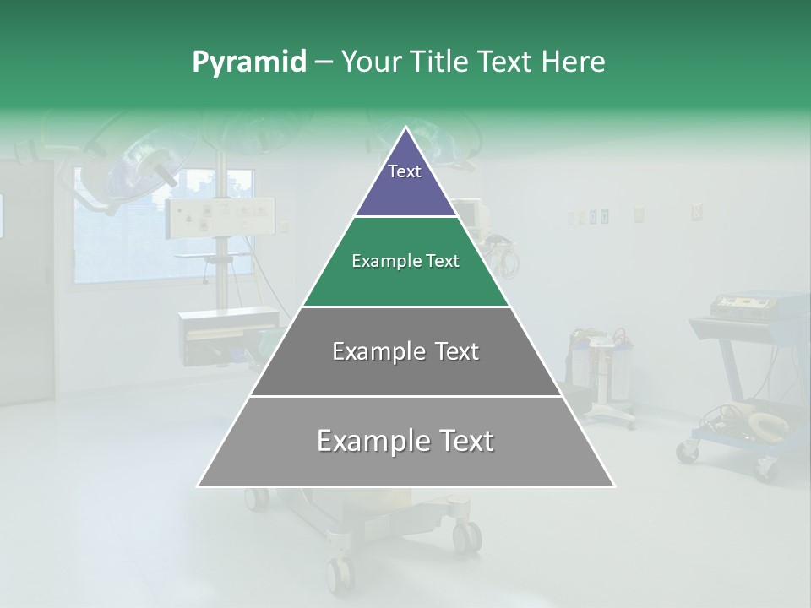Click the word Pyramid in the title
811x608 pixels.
coord(248,62)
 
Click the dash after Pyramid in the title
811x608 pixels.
coord(323,62)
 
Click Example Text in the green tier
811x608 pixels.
coord(405,261)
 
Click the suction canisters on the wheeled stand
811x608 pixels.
coord(600,359)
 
